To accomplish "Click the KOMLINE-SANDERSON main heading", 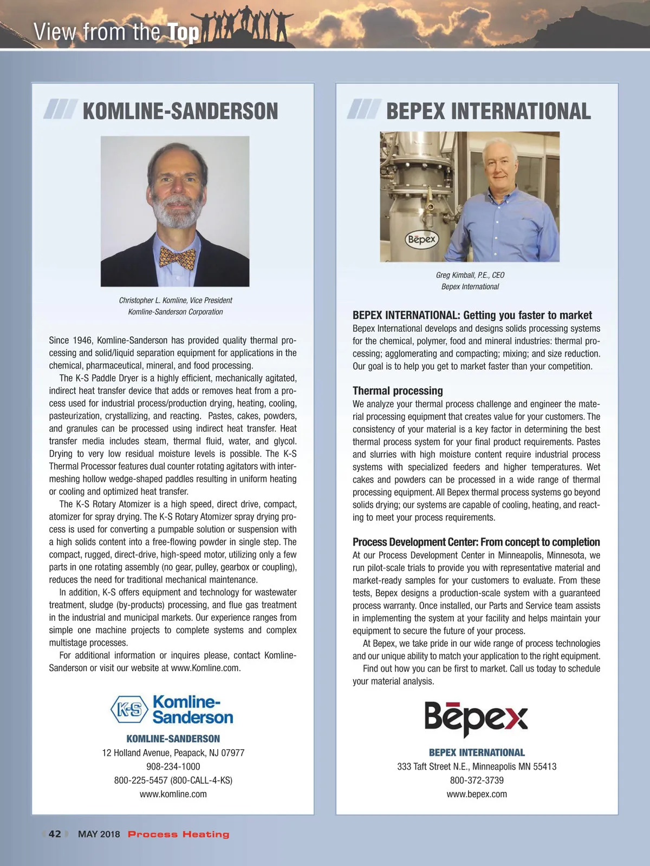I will pos(180,111).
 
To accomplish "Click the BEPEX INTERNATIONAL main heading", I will pos(488,111).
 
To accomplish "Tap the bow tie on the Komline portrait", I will pos(178,258).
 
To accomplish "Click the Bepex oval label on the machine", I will pos(422,239).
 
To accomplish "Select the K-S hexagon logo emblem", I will pos(129,710).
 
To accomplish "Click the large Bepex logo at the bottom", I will pos(476,718).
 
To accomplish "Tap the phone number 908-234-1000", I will pos(173,766).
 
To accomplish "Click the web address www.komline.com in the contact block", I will pos(173,794).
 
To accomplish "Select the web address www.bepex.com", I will pos(477,794).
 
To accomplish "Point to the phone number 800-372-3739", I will pos(477,780).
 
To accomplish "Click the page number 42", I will pos(55,834).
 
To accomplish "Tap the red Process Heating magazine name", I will pos(178,834).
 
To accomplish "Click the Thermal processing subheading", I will pos(398,391).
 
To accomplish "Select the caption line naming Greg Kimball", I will pos(470,275).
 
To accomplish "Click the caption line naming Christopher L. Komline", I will pos(175,300).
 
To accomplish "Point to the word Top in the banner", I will pos(184,33).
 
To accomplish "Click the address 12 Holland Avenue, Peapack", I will pos(173,753).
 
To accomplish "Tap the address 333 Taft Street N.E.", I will pos(477,766).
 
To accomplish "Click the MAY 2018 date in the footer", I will pos(99,834).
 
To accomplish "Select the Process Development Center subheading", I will pos(476,542).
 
